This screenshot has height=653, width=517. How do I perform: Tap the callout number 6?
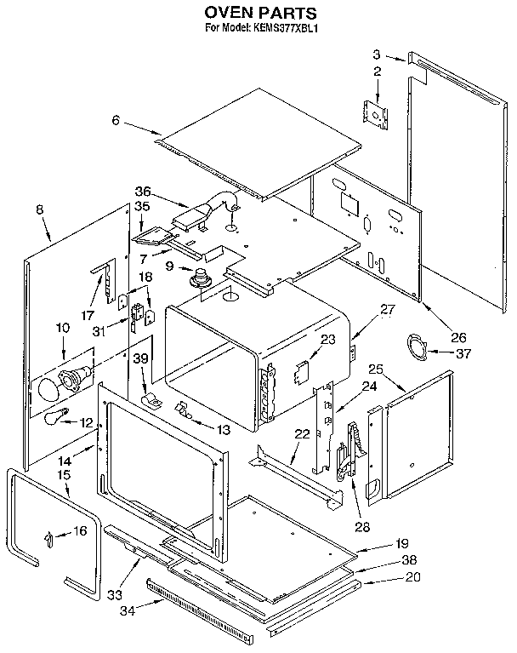click(115, 121)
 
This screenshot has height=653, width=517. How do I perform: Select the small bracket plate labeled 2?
click(374, 113)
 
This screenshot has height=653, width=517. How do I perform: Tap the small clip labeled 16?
click(49, 536)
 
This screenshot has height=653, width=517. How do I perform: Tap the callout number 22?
click(300, 434)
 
